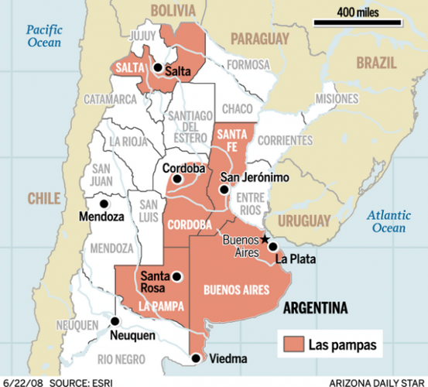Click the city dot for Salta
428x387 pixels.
click(158, 68)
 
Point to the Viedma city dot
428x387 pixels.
click(196, 358)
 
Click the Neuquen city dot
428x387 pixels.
click(115, 320)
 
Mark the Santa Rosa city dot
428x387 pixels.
click(177, 276)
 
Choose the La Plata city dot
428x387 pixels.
click(272, 247)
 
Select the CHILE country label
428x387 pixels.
click(45, 199)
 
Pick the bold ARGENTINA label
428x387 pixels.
click(315, 309)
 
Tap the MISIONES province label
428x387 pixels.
click(337, 98)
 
